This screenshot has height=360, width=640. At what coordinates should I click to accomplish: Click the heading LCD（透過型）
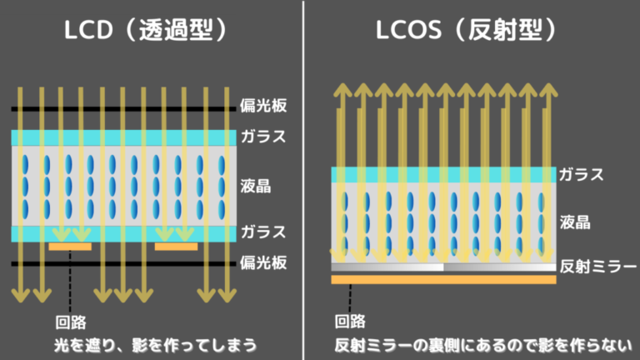click(x=146, y=32)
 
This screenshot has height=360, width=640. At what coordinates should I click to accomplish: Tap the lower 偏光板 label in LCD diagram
click(x=263, y=263)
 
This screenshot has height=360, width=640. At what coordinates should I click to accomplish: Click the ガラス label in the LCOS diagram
click(x=581, y=175)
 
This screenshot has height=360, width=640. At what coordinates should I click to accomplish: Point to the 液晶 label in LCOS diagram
click(x=573, y=222)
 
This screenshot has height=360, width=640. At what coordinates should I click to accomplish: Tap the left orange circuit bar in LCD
click(x=70, y=247)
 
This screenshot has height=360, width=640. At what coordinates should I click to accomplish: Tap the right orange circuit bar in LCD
click(x=176, y=247)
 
